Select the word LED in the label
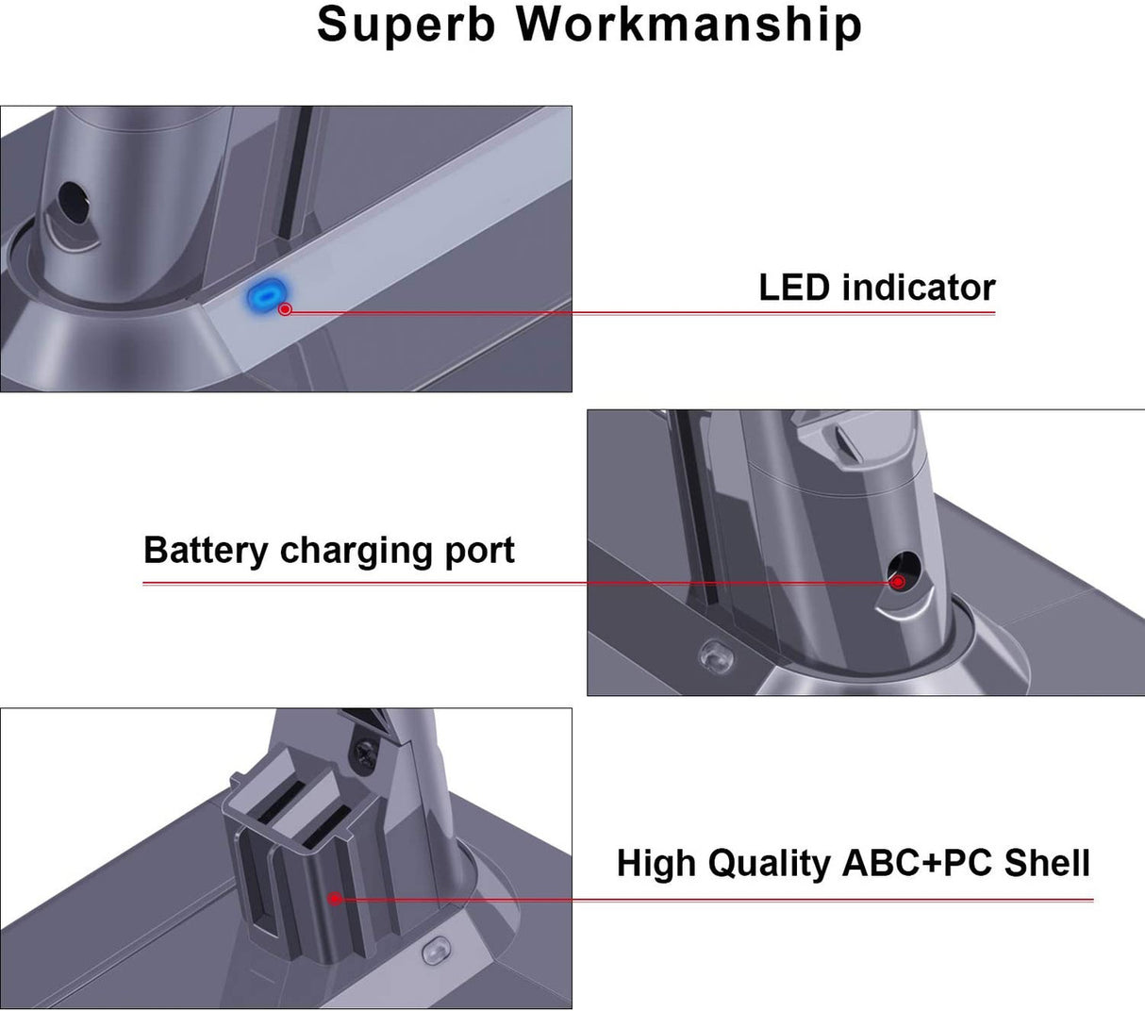(794, 288)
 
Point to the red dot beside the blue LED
(285, 308)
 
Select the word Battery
(205, 550)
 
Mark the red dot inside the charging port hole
(899, 582)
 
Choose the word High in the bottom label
(656, 863)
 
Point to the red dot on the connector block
(336, 898)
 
